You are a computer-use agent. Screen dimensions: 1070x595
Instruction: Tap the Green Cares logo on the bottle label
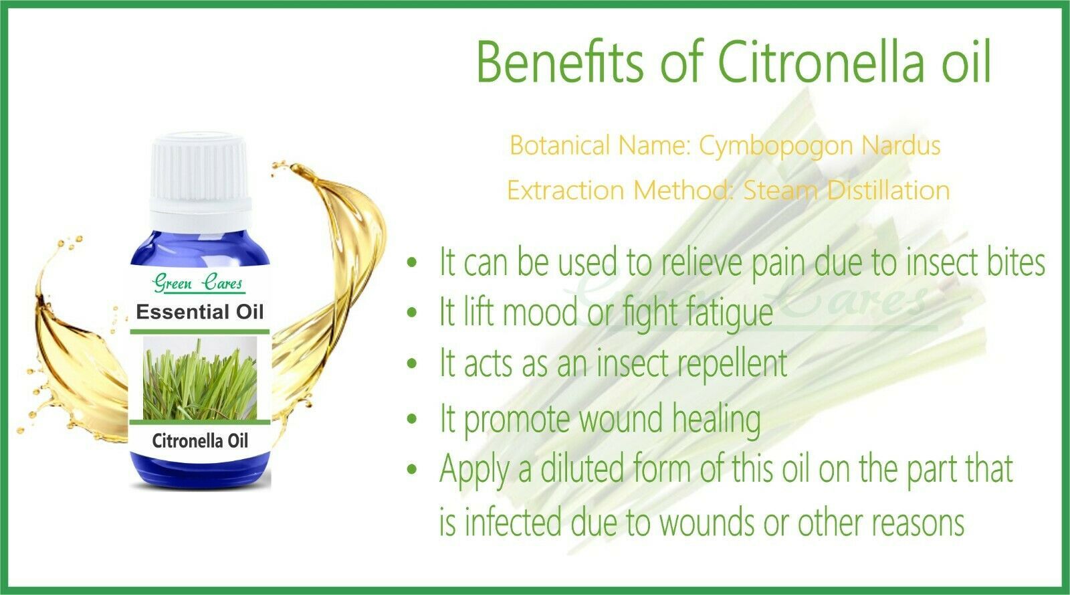point(198,283)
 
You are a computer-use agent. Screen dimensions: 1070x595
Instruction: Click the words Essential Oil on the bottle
point(200,312)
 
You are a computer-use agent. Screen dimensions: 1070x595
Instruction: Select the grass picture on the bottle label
point(200,378)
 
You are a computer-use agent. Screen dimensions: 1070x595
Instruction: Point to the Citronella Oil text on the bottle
point(200,440)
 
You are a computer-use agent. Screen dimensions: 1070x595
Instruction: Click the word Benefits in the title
point(560,63)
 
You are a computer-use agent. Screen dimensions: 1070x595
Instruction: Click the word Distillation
point(888,190)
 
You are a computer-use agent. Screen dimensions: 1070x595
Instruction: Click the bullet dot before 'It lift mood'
point(412,313)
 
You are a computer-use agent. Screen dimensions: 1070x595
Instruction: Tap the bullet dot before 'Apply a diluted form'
point(412,469)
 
